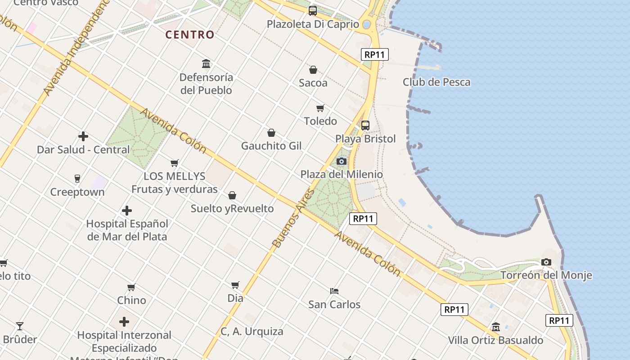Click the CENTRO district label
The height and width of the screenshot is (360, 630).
189,35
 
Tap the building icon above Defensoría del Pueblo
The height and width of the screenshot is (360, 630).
206,63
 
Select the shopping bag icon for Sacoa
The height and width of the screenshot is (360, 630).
313,70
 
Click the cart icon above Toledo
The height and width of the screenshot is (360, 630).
320,108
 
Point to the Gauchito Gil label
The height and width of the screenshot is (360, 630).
271,146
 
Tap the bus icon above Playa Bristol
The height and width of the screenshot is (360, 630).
365,125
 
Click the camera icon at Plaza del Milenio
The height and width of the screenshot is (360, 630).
342,161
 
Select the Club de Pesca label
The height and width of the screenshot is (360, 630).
436,82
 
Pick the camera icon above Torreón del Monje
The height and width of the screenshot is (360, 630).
546,262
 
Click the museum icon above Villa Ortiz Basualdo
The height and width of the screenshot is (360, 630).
495,327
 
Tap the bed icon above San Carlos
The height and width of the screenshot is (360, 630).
334,291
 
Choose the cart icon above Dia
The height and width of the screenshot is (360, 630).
235,285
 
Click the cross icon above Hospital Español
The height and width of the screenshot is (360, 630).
127,210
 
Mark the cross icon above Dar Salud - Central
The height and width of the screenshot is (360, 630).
83,136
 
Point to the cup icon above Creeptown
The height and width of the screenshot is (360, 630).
77,179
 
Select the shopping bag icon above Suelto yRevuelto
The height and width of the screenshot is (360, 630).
232,195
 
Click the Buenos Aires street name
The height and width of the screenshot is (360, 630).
292,218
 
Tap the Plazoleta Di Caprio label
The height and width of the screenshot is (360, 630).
313,24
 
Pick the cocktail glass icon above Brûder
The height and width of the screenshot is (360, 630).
20,326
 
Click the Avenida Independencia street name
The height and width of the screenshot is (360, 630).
76,47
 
